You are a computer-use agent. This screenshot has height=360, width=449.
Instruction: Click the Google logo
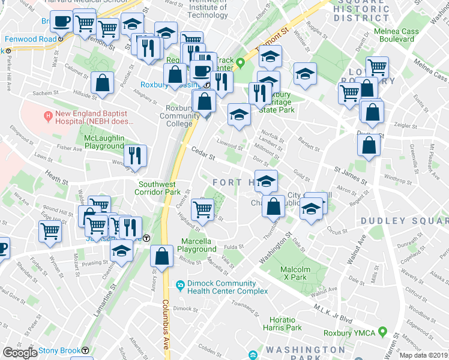tap(20, 352)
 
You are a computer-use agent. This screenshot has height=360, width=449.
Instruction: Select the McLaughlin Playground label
tap(103, 142)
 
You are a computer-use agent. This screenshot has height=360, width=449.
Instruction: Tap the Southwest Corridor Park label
tap(159, 188)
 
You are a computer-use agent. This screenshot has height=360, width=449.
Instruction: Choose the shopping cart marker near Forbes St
tap(50, 231)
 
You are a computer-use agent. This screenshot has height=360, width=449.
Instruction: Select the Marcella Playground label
tap(198, 245)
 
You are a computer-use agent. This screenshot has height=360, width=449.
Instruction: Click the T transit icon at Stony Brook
tap(85, 350)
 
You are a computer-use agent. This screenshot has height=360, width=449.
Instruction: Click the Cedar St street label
tap(203, 154)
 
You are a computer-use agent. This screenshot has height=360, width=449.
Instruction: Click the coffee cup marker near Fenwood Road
tap(61, 22)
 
